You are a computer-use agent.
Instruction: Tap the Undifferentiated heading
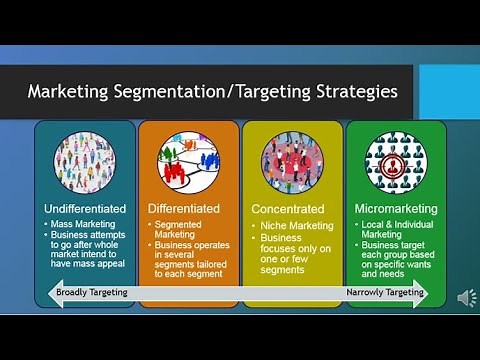(85, 208)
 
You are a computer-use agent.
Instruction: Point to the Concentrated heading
(288, 208)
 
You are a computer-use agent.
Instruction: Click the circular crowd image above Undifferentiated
(84, 160)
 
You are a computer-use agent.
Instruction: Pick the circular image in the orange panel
(187, 160)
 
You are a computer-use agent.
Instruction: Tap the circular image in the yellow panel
(292, 160)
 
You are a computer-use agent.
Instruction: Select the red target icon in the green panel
(396, 160)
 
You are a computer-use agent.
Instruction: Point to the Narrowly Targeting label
(384, 293)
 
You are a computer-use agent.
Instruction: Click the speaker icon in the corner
(466, 297)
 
